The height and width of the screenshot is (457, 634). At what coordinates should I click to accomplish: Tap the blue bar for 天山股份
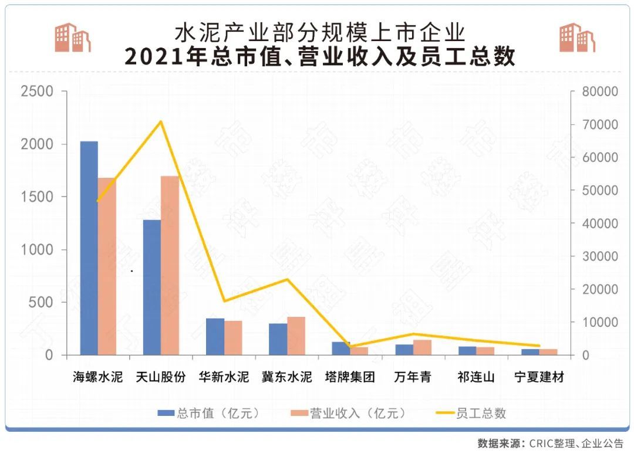pos(151,287)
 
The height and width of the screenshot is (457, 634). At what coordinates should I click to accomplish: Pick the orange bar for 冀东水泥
pos(296,336)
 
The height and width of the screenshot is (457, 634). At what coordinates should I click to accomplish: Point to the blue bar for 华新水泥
pos(215,337)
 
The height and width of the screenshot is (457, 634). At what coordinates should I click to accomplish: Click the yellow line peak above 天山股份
pos(160,121)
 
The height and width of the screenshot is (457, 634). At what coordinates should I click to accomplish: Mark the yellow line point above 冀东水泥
pos(288,279)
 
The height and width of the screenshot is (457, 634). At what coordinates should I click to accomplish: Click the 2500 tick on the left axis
pos(37,92)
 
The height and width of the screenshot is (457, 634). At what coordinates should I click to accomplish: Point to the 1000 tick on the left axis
pos(37,250)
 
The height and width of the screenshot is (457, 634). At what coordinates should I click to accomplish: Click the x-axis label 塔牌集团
pos(350,377)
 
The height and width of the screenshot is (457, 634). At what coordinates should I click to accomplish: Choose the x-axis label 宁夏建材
pos(539,377)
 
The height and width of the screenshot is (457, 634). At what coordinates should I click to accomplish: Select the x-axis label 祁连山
pos(476,377)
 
